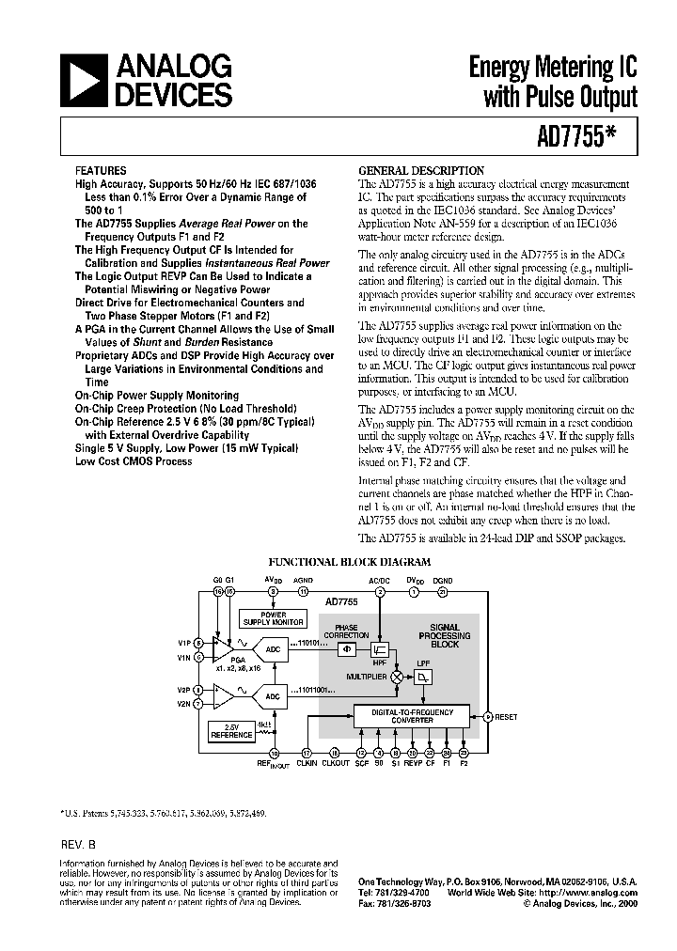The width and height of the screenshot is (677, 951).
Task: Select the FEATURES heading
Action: tap(100, 171)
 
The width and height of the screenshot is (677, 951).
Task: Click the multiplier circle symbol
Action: tap(397, 676)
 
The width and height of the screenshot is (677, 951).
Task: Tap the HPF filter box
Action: tap(380, 649)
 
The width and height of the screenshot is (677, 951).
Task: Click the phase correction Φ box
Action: tap(346, 648)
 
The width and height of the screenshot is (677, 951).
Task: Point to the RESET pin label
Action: tap(506, 717)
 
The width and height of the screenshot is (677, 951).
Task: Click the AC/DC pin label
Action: tap(379, 580)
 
